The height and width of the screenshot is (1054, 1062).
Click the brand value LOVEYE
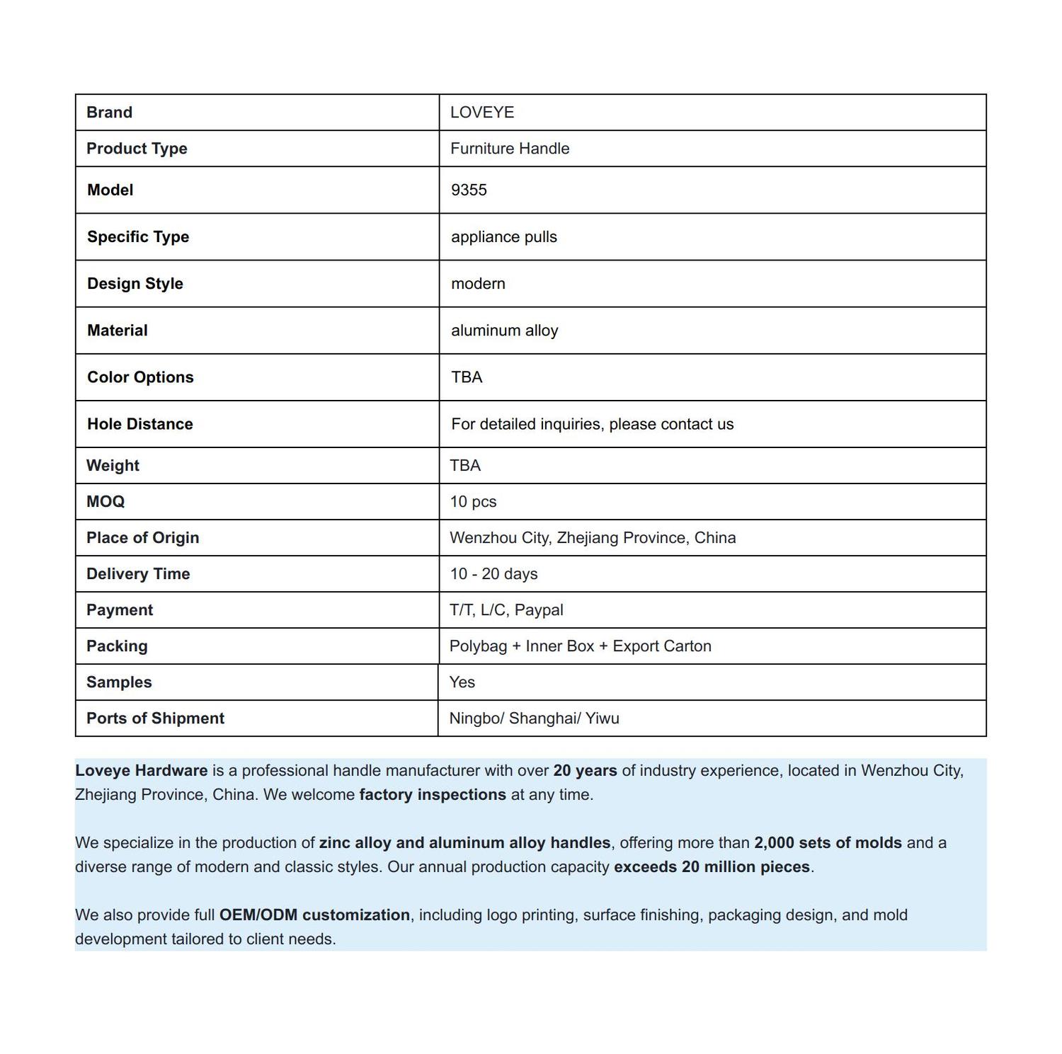pyautogui.click(x=482, y=113)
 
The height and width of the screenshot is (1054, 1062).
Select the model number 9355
pyautogui.click(x=469, y=190)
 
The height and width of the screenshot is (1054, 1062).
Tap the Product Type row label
pyautogui.click(x=137, y=149)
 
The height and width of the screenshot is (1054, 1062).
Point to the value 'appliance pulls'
pyautogui.click(x=503, y=237)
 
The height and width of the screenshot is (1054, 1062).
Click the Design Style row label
pyautogui.click(x=135, y=284)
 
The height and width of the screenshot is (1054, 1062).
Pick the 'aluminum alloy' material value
pyautogui.click(x=504, y=331)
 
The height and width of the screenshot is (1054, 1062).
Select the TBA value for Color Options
pyautogui.click(x=467, y=377)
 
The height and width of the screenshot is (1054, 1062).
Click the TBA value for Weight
pyautogui.click(x=465, y=466)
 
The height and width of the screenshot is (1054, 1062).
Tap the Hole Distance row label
pyautogui.click(x=139, y=424)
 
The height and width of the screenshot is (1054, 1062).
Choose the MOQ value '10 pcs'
pyautogui.click(x=473, y=502)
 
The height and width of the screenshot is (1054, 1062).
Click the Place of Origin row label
pyautogui.click(x=142, y=538)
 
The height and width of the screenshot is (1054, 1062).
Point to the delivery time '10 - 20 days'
pyautogui.click(x=493, y=574)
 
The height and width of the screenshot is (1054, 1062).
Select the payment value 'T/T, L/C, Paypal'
pyautogui.click(x=506, y=610)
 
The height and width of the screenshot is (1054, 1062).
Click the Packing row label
pyautogui.click(x=117, y=646)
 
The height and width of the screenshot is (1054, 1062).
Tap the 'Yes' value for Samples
pyautogui.click(x=462, y=682)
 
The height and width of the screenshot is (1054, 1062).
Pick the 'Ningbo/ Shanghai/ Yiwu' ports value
pyautogui.click(x=534, y=718)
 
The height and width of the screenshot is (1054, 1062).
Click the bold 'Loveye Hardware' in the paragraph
pyautogui.click(x=142, y=771)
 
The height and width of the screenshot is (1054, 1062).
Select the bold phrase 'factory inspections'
pyautogui.click(x=433, y=795)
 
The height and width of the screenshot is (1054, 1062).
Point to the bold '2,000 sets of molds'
pyautogui.click(x=828, y=843)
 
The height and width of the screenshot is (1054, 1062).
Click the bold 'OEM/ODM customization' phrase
pyautogui.click(x=314, y=915)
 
